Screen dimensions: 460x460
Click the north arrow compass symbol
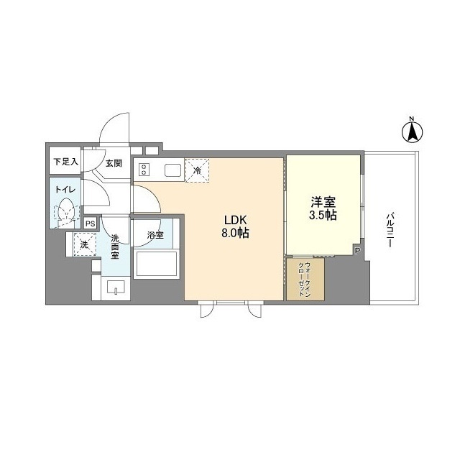412,132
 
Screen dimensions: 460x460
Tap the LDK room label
236,220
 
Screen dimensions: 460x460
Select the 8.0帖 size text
235,233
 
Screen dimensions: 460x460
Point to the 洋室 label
323,202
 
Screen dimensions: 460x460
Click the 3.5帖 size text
323,216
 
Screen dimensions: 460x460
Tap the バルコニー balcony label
390,230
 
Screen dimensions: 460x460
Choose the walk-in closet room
305,279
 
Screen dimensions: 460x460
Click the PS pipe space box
91,224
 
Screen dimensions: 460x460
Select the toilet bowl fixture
67,209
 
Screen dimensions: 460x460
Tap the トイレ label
65,190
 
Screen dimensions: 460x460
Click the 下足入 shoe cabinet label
66,161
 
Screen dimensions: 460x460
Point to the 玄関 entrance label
114,163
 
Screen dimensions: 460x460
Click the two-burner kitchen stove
144,170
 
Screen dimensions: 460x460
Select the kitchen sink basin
172,170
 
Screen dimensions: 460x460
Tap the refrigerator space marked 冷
197,170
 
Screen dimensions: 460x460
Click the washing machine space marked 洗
85,244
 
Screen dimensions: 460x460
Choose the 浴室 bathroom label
155,235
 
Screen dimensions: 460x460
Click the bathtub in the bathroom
157,264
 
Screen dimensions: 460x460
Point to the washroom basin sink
116,287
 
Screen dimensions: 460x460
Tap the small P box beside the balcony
357,251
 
